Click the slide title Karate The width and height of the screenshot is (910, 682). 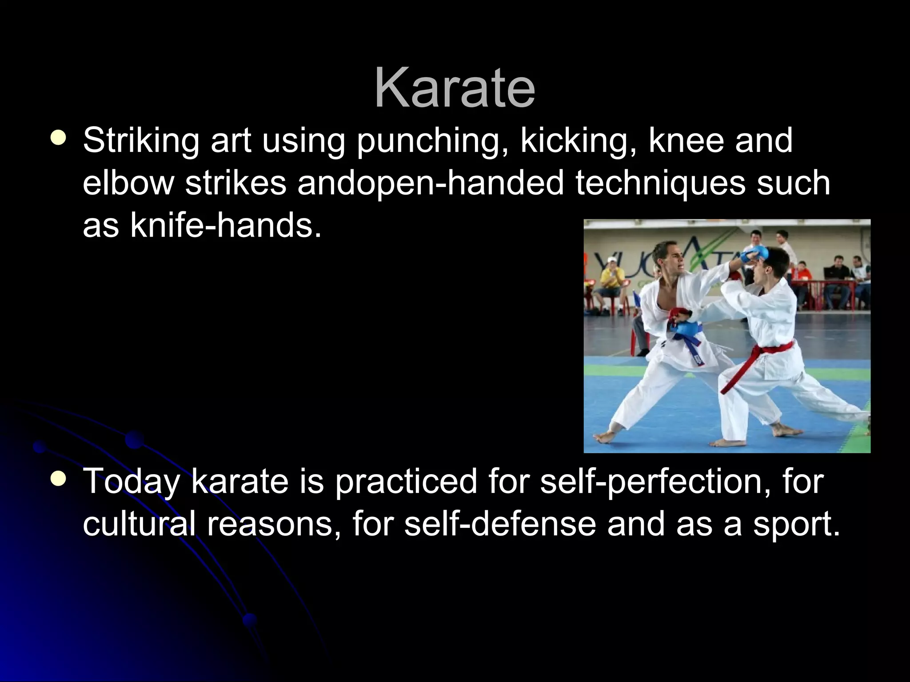pyautogui.click(x=455, y=87)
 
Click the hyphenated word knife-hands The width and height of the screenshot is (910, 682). pyautogui.click(x=225, y=225)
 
